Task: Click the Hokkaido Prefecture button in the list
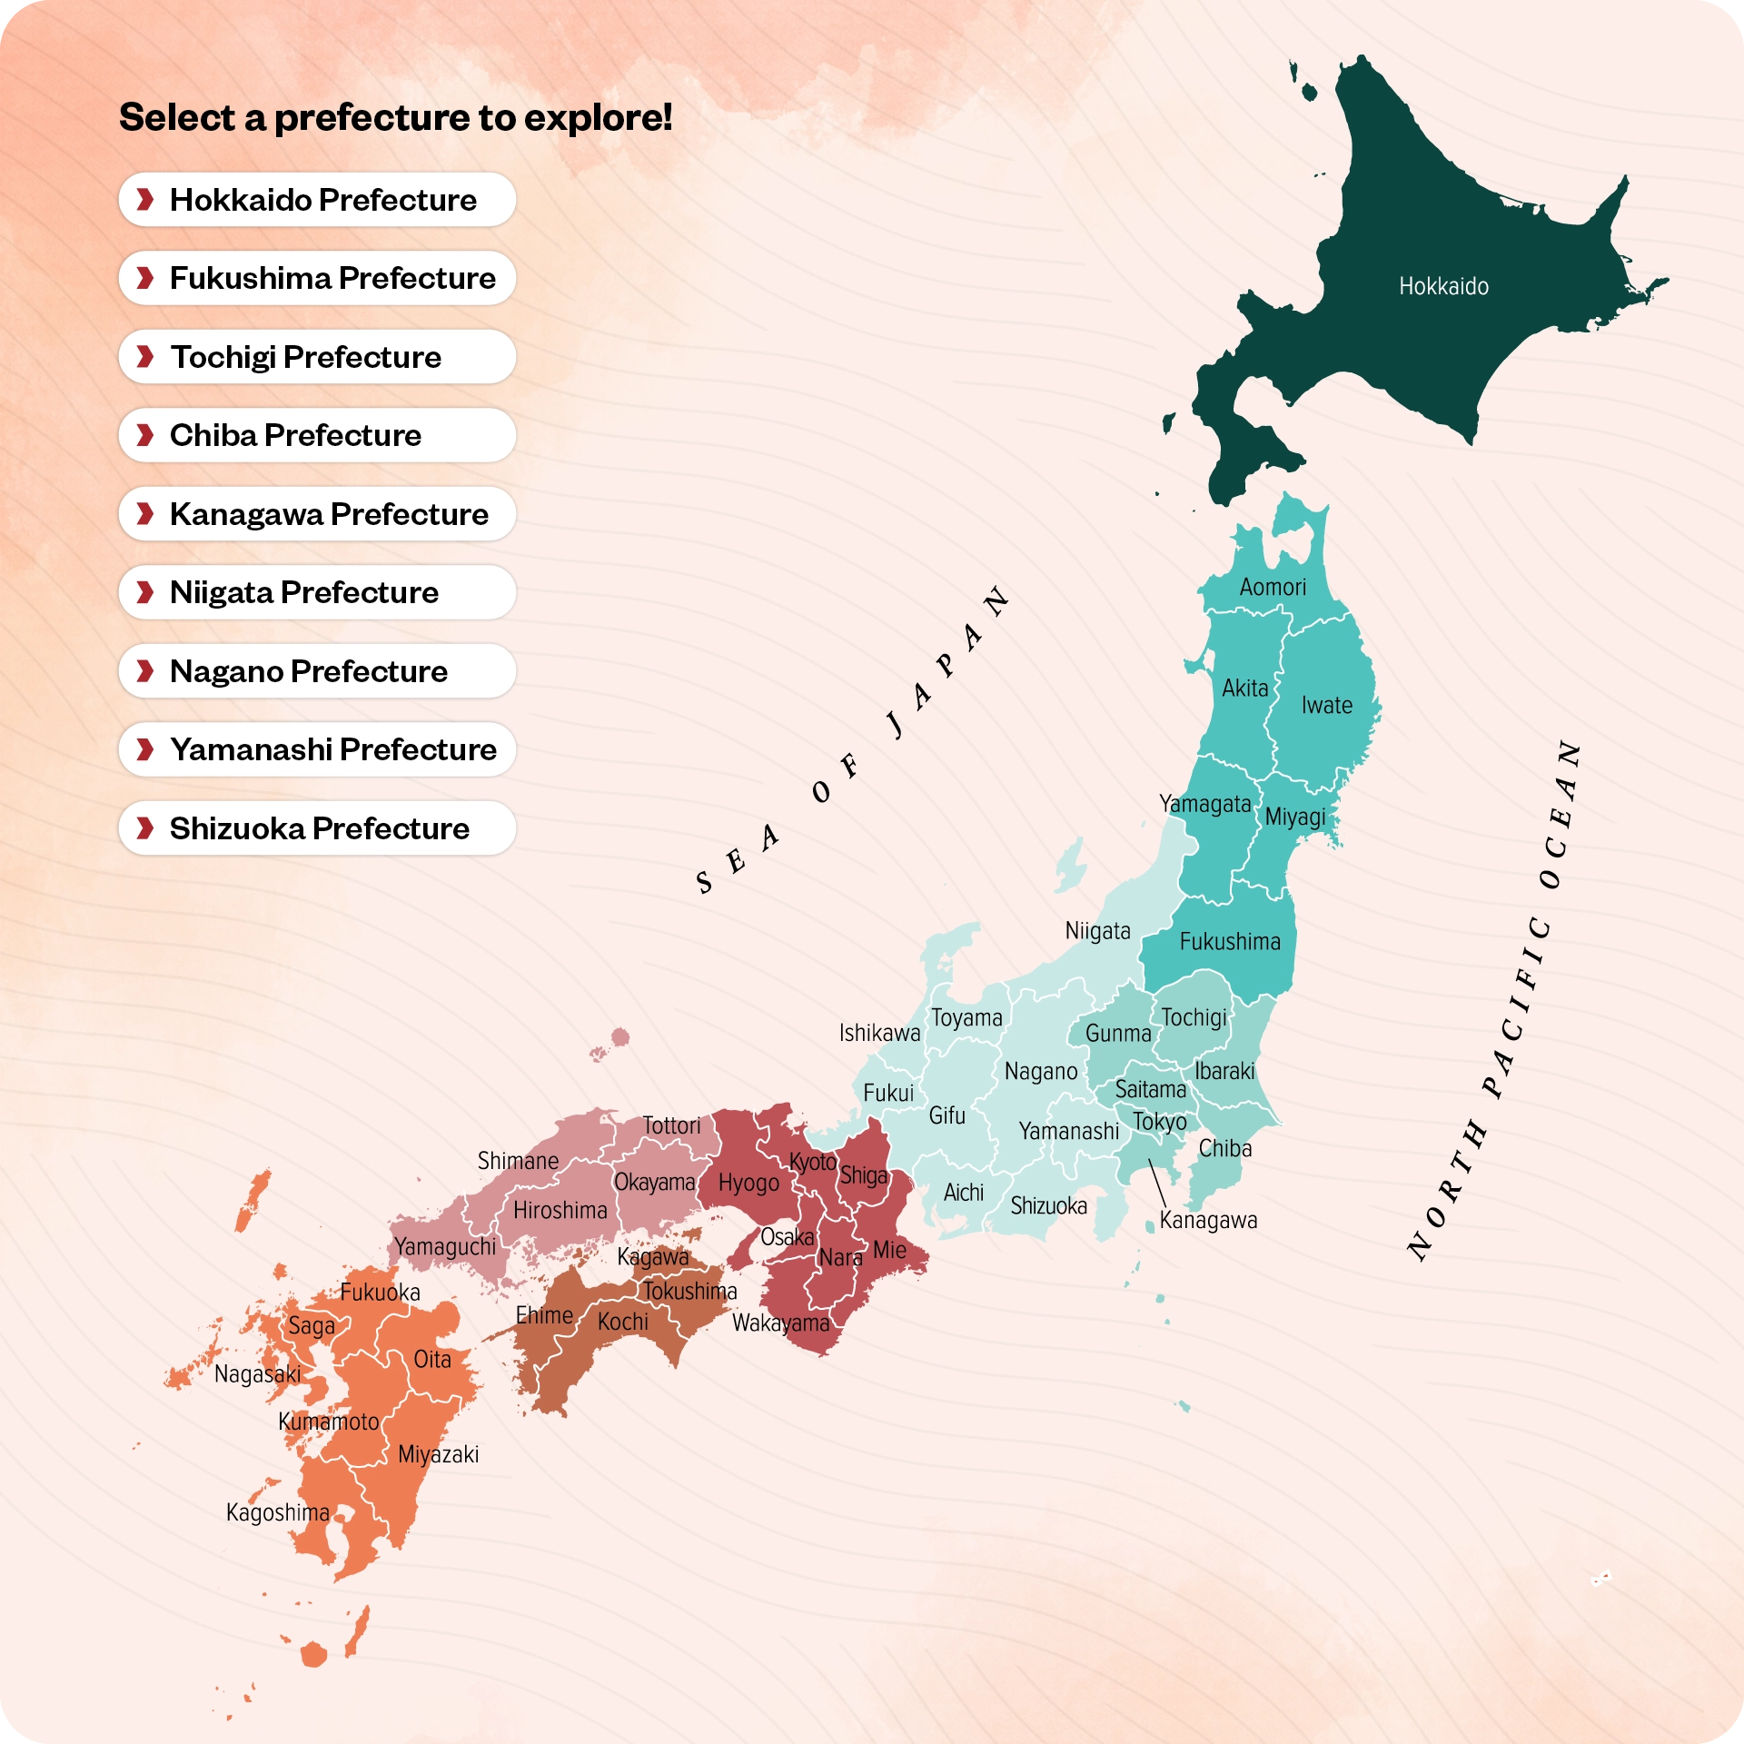(317, 200)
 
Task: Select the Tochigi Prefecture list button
(317, 357)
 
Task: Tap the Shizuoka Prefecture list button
(317, 828)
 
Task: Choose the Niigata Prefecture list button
(317, 593)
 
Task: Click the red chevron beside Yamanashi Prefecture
(144, 750)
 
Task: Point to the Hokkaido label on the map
(1443, 287)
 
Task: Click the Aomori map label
(1273, 588)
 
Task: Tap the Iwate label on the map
(1326, 706)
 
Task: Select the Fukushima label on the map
(1230, 942)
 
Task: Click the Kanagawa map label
(1208, 1221)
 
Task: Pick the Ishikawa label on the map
(879, 1034)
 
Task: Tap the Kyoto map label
(813, 1163)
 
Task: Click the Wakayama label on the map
(781, 1323)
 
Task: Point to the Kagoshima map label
(278, 1513)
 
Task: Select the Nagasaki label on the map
(257, 1374)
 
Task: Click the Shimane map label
(518, 1162)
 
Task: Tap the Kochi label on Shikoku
(623, 1323)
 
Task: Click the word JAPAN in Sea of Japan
(948, 663)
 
